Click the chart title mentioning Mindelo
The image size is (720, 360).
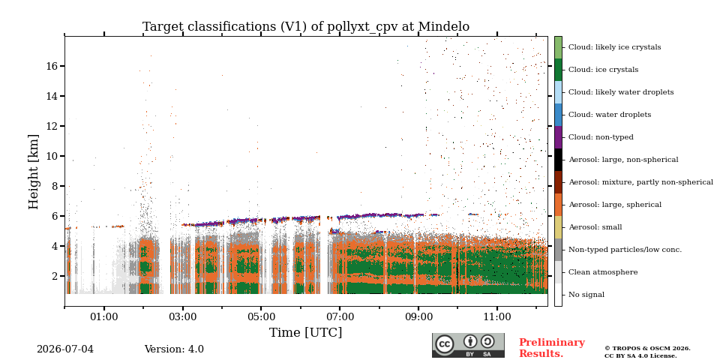click(x=306, y=27)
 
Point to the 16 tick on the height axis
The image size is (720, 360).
click(x=52, y=66)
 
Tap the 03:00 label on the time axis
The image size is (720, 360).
click(x=183, y=316)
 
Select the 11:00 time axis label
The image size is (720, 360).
click(x=497, y=316)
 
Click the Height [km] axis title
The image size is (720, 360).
click(x=34, y=172)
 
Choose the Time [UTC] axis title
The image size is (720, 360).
click(x=305, y=332)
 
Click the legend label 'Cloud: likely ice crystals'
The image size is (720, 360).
click(x=615, y=47)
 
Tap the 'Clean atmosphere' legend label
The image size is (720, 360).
click(x=603, y=272)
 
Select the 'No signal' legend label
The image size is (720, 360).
click(x=586, y=295)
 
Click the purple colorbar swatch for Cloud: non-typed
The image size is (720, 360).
click(x=558, y=137)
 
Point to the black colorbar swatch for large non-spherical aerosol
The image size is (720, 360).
click(x=558, y=160)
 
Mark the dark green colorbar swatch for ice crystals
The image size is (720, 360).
click(x=558, y=70)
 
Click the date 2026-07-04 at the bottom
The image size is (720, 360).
click(x=65, y=349)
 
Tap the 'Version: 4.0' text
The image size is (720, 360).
click(x=174, y=349)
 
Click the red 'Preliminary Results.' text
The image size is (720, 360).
click(x=552, y=348)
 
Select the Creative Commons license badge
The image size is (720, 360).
click(x=468, y=345)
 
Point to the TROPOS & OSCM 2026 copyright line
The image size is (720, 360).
click(x=647, y=349)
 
